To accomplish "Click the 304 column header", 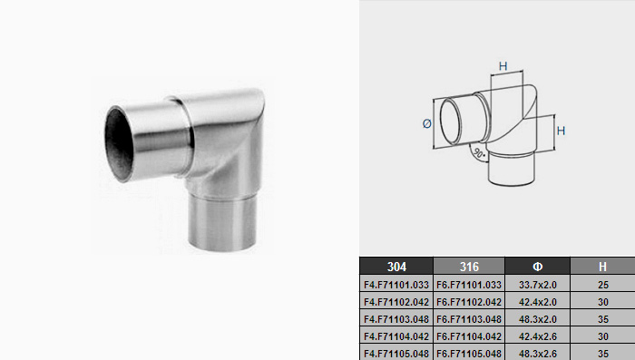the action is coord(396,267).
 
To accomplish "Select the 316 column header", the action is coord(469,267).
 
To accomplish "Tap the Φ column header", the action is coord(537,267).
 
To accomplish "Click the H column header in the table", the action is coord(602,267).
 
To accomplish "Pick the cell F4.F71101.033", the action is coord(396,285).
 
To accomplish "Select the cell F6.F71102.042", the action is coord(469,302).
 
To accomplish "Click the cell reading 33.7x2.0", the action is coord(537,285).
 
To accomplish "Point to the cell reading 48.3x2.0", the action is coord(537,319).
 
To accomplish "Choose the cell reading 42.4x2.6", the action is coord(537,336).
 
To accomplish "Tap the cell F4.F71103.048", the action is coord(396,319).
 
